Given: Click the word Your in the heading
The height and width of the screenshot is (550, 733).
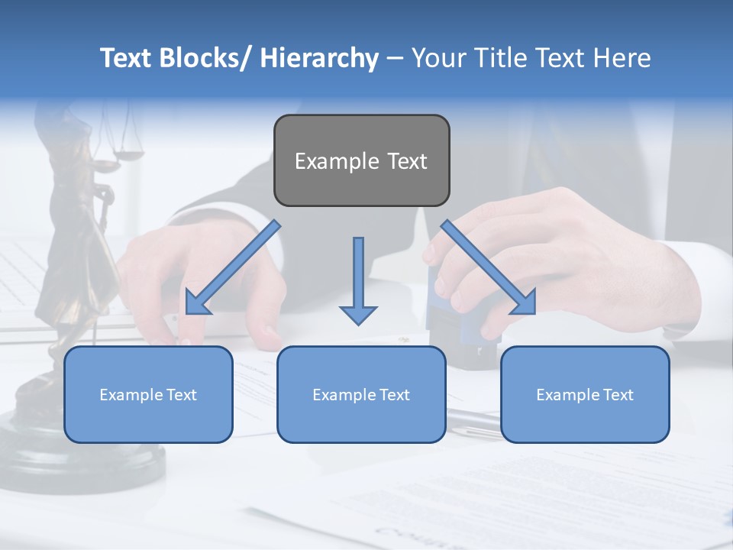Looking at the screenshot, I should [x=442, y=58].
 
